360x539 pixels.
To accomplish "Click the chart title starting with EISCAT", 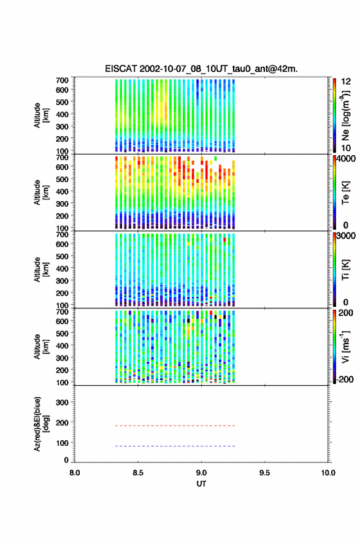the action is point(202,69).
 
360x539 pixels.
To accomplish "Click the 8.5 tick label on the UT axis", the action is point(138,473).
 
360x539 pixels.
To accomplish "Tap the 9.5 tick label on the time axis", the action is point(264,473).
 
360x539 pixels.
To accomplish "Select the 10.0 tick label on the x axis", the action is point(328,473).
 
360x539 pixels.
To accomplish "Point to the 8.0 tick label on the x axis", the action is point(75,473).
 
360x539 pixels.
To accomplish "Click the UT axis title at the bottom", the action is point(201,484).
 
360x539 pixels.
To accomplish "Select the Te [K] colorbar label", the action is point(345,193).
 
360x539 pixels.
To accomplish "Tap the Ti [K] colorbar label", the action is point(345,270).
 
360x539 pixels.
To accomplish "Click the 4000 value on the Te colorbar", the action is point(346,159).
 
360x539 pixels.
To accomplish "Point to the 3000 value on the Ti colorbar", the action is point(346,236).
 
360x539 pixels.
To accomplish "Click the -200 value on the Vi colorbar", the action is point(345,379).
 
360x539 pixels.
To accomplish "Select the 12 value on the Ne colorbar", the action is point(346,82).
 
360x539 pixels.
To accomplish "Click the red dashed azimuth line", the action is point(175,426).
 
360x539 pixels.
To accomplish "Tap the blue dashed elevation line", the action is point(175,446).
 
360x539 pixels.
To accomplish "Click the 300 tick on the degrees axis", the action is point(62,402).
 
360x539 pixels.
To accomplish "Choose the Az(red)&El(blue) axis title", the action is point(40,424).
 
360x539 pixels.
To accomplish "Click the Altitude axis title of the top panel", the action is point(40,115).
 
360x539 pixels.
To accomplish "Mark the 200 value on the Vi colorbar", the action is point(345,313).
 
